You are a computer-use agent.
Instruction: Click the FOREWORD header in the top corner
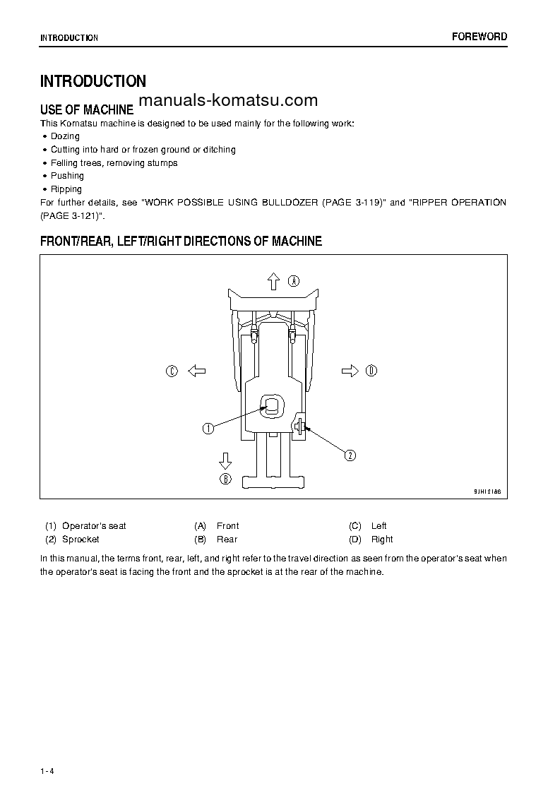(x=479, y=37)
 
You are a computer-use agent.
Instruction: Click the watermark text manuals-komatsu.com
(x=228, y=100)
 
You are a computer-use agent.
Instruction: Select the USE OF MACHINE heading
(x=87, y=109)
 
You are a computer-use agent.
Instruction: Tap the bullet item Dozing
(x=65, y=136)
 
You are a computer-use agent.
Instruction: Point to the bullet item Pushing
(x=67, y=176)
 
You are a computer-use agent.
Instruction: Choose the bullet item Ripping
(x=66, y=189)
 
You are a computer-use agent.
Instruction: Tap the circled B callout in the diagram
(x=225, y=479)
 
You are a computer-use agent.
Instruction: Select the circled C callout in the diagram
(x=172, y=371)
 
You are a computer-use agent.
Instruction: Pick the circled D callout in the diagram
(x=371, y=371)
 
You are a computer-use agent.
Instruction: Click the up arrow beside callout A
(x=274, y=282)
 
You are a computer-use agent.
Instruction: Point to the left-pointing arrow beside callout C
(x=196, y=371)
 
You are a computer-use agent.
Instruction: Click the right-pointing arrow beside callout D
(x=350, y=371)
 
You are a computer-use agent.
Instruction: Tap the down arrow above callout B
(x=225, y=461)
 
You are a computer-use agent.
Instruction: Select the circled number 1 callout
(x=208, y=428)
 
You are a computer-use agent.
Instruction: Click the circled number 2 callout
(x=350, y=455)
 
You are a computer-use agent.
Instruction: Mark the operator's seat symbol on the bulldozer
(x=273, y=406)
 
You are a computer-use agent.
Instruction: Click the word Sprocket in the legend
(x=81, y=539)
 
